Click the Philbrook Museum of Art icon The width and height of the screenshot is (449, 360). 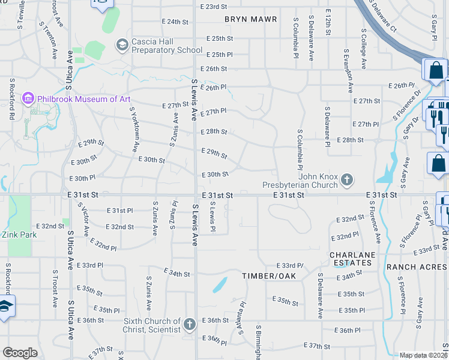coord(28,98)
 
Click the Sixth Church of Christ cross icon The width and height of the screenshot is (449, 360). coord(190,325)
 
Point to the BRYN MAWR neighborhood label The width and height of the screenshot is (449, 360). coord(251,19)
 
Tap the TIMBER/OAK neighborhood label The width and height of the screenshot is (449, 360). coord(266,276)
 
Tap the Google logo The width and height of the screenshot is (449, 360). coord(20,353)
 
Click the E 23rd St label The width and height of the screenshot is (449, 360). coord(214,6)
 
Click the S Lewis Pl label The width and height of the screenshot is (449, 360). coord(212,217)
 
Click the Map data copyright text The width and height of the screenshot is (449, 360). coord(423,355)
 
